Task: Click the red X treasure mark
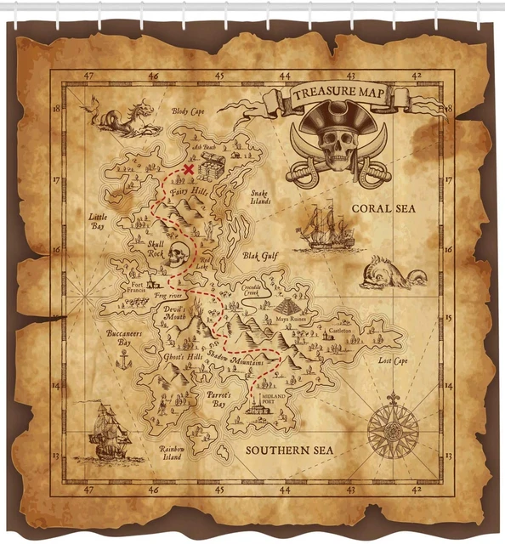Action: click(189, 169)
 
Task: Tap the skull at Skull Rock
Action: click(176, 254)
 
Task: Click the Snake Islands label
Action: click(260, 197)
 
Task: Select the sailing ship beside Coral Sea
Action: click(325, 227)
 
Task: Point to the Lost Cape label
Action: click(393, 360)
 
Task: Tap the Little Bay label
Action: click(99, 223)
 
